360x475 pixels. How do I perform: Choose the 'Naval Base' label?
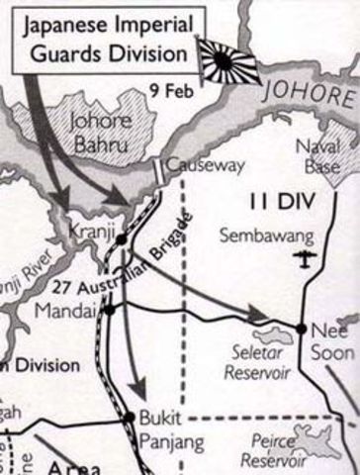click(319, 157)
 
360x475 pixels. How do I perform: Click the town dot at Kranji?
click(121, 238)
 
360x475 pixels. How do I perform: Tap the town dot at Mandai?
click(109, 308)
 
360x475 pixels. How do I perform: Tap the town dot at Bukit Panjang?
click(128, 416)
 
